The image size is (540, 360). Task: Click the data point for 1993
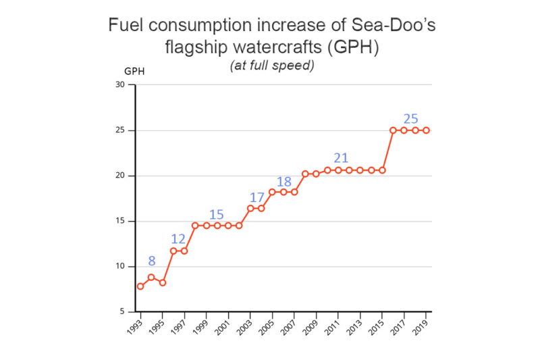coord(140,286)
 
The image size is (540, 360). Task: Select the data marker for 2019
coord(427,130)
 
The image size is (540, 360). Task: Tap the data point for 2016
coord(393,130)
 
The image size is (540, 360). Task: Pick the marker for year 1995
coord(163,282)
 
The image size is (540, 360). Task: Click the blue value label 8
coord(151,261)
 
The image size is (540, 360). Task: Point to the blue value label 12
coord(178,238)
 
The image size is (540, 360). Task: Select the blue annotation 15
coord(216,215)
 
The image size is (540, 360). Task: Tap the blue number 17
coord(256,198)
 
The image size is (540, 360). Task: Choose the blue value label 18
coord(284,181)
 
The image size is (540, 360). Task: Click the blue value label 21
coord(341,158)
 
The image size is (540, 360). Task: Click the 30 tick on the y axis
coord(120,85)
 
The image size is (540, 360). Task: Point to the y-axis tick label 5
coord(122,312)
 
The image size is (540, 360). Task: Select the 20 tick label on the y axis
coord(120,176)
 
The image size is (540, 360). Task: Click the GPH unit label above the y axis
coord(134,71)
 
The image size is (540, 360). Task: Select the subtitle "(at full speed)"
coord(272,66)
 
